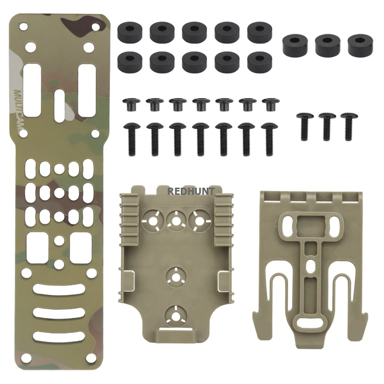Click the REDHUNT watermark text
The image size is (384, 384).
(x=191, y=191)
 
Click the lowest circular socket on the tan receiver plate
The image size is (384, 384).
(x=176, y=314)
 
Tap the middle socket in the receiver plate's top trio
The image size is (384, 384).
(x=177, y=220)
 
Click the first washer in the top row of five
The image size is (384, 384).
(x=129, y=31)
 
